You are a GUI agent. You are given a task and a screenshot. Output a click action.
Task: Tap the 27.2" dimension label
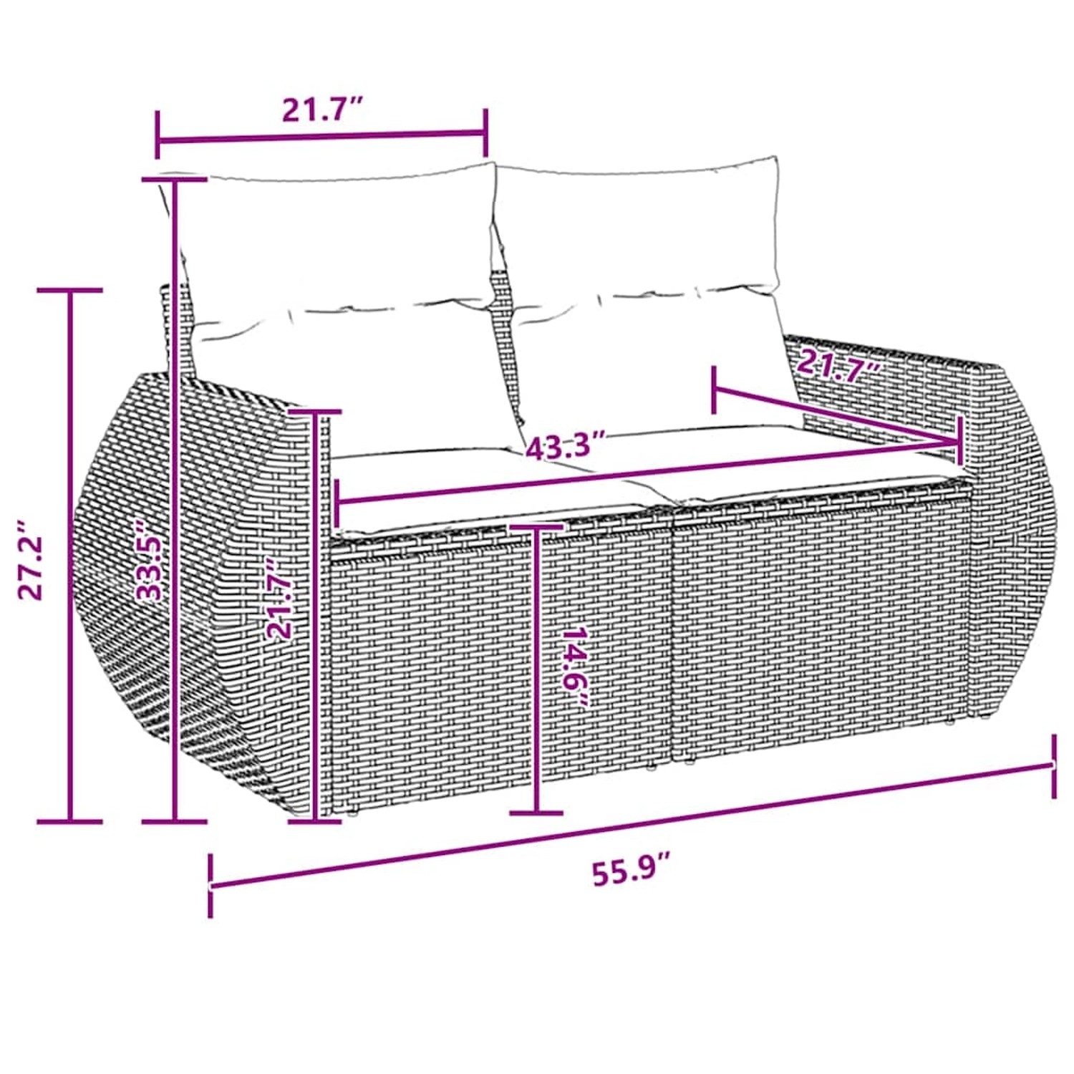click(x=32, y=560)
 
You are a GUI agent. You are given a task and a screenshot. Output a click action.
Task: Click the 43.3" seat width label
click(x=566, y=447)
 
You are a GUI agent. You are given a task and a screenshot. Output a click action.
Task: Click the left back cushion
click(x=337, y=243)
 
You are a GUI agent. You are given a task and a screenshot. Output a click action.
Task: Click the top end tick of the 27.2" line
click(x=70, y=290)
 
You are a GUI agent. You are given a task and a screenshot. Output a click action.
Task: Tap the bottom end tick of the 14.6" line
click(x=536, y=812)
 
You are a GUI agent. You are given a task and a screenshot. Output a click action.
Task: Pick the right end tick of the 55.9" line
click(x=1053, y=765)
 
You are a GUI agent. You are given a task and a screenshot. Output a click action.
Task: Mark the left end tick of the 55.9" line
click(x=211, y=886)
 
